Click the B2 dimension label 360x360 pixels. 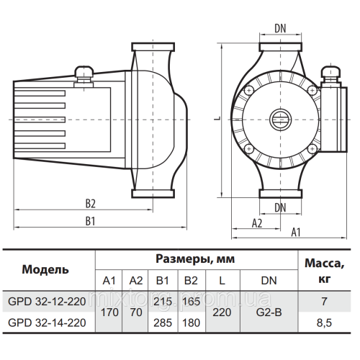91,204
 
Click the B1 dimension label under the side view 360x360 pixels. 90,221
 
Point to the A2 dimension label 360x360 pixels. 257,223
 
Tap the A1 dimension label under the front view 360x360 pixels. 296,233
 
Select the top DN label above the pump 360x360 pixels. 280,29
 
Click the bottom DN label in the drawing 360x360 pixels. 280,207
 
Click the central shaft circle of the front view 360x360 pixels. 280,120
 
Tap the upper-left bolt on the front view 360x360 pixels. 249,91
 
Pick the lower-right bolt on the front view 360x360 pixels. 312,149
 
